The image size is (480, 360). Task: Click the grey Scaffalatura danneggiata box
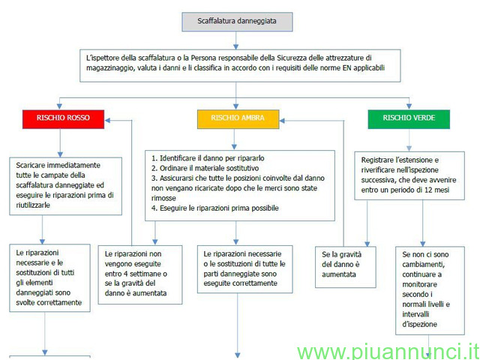pos(237,22)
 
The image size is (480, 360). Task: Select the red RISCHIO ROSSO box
pos(63,119)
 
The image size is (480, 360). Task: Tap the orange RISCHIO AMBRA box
pos(238,119)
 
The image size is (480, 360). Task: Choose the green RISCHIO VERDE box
pos(409,119)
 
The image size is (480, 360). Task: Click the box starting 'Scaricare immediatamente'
pos(66,186)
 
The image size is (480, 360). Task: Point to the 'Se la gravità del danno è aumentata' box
pos(346,267)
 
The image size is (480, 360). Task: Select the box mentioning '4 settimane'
pos(140,274)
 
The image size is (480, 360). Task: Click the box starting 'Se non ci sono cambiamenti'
pos(430,290)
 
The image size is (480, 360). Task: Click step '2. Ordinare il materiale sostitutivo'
pos(205,168)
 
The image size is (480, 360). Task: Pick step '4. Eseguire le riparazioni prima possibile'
pos(215,208)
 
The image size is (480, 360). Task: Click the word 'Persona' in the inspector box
pos(202,58)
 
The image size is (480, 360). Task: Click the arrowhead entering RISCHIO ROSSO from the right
pos(107,120)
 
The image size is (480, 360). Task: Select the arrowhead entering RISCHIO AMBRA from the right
pos(282,121)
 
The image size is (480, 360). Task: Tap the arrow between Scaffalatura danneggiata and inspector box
pos(235,40)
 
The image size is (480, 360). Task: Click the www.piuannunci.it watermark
pos(388,352)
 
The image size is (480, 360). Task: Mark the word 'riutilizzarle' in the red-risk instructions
pos(33,205)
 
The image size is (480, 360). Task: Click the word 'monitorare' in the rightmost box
pos(419,284)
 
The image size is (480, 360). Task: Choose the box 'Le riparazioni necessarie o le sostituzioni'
pos(245,269)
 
